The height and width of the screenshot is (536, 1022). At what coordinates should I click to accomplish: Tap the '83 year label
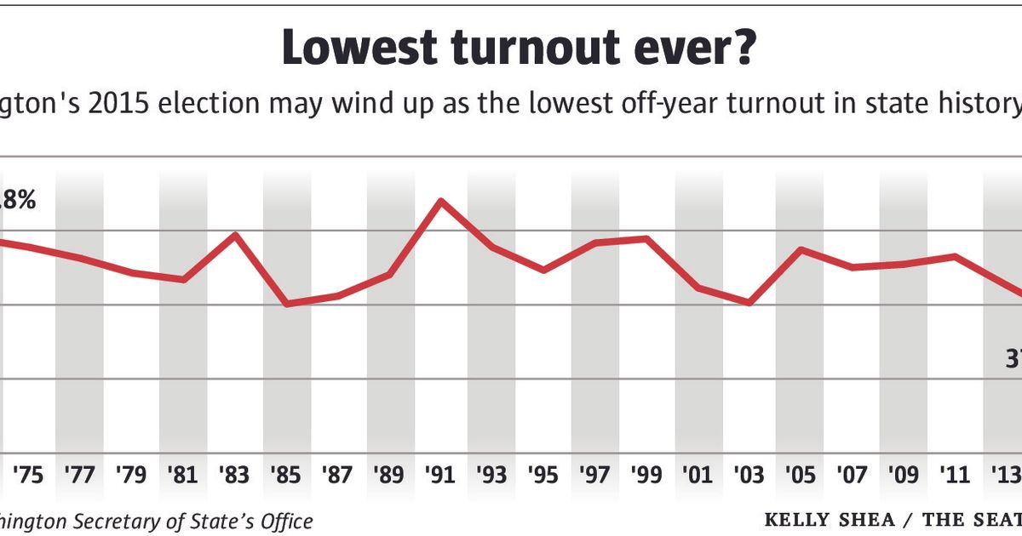(235, 474)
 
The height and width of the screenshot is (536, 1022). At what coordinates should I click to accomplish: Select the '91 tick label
(441, 474)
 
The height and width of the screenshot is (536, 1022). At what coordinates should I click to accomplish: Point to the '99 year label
(647, 474)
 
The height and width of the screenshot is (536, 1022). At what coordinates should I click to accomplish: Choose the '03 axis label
(750, 474)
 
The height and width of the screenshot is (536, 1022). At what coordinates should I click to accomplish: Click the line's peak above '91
(440, 202)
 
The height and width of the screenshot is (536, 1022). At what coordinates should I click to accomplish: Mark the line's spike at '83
(235, 234)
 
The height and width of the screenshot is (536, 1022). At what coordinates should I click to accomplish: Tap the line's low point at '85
(286, 304)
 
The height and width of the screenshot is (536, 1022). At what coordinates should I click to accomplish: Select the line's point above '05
(801, 249)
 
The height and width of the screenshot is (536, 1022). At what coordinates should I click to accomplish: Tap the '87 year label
(338, 474)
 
